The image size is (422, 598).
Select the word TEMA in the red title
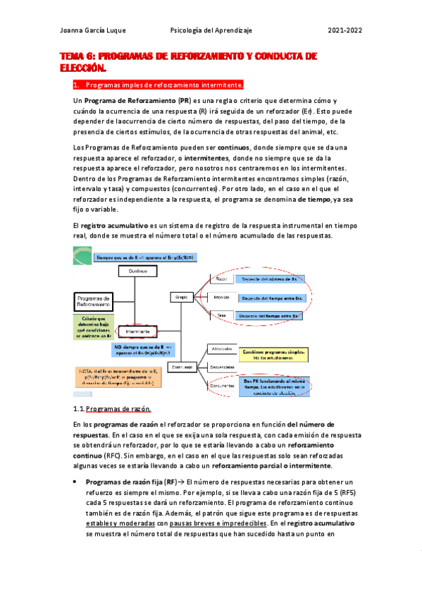coord(70,56)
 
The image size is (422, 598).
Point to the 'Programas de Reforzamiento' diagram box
coord(94,302)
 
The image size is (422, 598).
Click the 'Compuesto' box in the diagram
coord(184,367)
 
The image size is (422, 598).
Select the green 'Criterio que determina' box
coord(93,327)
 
